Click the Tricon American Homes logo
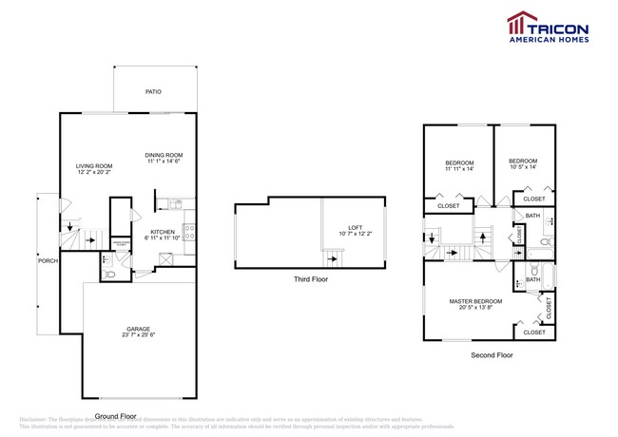[548, 28]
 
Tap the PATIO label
[153, 92]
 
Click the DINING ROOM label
[164, 155]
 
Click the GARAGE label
[139, 328]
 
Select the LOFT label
[356, 227]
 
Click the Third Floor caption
[313, 280]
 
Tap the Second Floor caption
[493, 355]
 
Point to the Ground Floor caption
[116, 415]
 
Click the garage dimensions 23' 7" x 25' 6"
[139, 333]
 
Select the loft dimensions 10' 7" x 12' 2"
[356, 234]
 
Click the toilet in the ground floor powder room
[110, 274]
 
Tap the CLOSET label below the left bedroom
[449, 205]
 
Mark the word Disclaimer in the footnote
[37, 419]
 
